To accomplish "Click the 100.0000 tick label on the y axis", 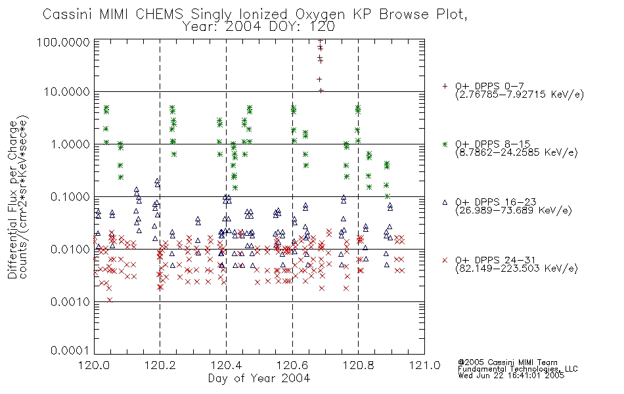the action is [63, 42].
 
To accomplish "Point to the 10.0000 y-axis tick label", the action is [66, 92].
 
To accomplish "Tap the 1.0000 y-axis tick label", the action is [70, 144].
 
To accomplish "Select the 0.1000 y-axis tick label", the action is [70, 196].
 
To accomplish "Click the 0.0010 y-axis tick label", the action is [70, 301].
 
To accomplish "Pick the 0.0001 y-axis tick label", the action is [70, 351].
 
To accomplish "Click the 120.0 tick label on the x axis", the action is [94, 365].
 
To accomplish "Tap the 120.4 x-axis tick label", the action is [226, 365].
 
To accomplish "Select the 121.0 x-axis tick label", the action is [424, 365].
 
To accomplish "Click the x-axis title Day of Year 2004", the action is [259, 378].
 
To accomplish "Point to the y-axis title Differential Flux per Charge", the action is [12, 200].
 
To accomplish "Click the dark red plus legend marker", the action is [445, 86].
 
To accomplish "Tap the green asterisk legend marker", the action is [445, 144].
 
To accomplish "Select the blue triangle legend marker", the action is [445, 202].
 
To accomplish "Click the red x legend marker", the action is [445, 260].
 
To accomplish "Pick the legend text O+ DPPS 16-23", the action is [496, 202].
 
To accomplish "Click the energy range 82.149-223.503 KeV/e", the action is [516, 269].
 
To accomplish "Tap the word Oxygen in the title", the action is [320, 14].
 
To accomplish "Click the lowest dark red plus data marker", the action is [321, 91].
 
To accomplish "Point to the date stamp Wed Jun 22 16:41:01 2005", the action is [511, 375].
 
